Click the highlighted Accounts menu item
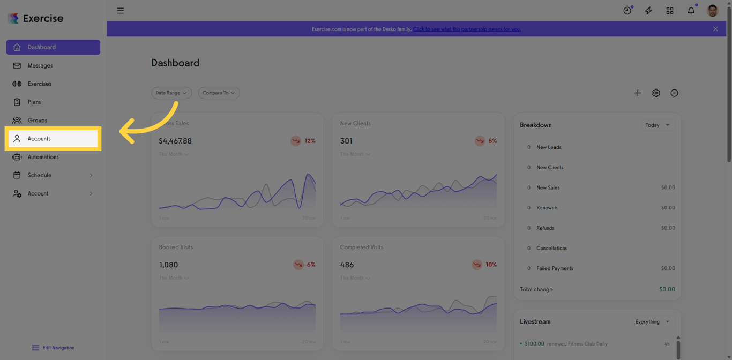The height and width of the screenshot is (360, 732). coord(53,139)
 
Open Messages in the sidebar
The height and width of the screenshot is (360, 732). coord(40,65)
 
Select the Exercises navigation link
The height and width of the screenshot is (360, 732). coord(40,84)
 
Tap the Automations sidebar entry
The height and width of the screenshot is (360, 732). coord(43,157)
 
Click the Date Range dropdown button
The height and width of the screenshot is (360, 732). coord(171,93)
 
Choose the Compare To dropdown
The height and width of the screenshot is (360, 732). coord(219,93)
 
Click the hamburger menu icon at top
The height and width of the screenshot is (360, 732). coord(121,11)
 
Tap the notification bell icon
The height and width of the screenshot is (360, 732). coord(691,11)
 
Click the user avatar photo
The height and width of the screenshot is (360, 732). coord(712,11)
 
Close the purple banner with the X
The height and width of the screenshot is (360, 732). coord(715,29)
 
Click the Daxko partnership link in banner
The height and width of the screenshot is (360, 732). coord(467,29)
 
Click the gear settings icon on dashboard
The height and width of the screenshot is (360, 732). coord(656,93)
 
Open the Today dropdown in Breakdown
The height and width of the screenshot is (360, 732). coord(658,125)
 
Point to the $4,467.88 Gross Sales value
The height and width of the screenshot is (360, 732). coord(175,141)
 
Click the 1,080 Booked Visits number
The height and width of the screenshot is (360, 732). coord(168,265)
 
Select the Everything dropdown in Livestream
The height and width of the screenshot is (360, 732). coord(652,321)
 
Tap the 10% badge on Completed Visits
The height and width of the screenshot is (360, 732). coord(485,265)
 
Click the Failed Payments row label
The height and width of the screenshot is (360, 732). coord(555,268)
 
